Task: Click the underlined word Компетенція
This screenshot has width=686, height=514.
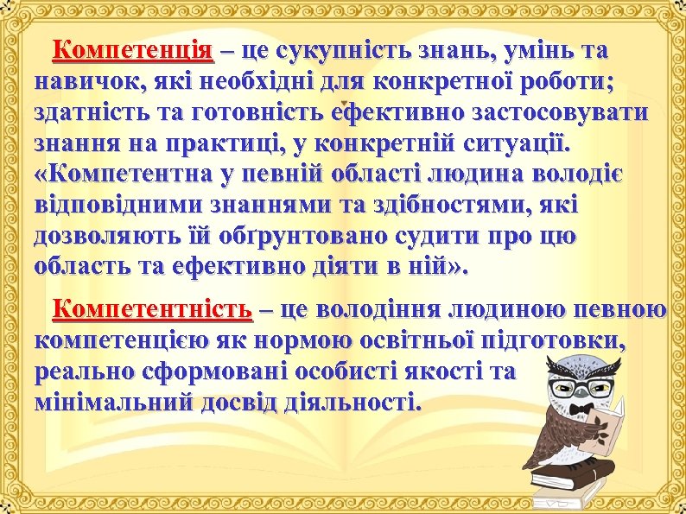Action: click(132, 51)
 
